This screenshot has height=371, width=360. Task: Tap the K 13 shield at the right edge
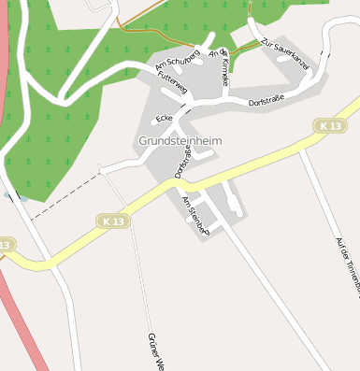point(327,125)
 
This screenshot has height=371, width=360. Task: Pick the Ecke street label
point(166,119)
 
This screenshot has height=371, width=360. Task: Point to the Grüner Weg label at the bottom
point(156,351)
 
